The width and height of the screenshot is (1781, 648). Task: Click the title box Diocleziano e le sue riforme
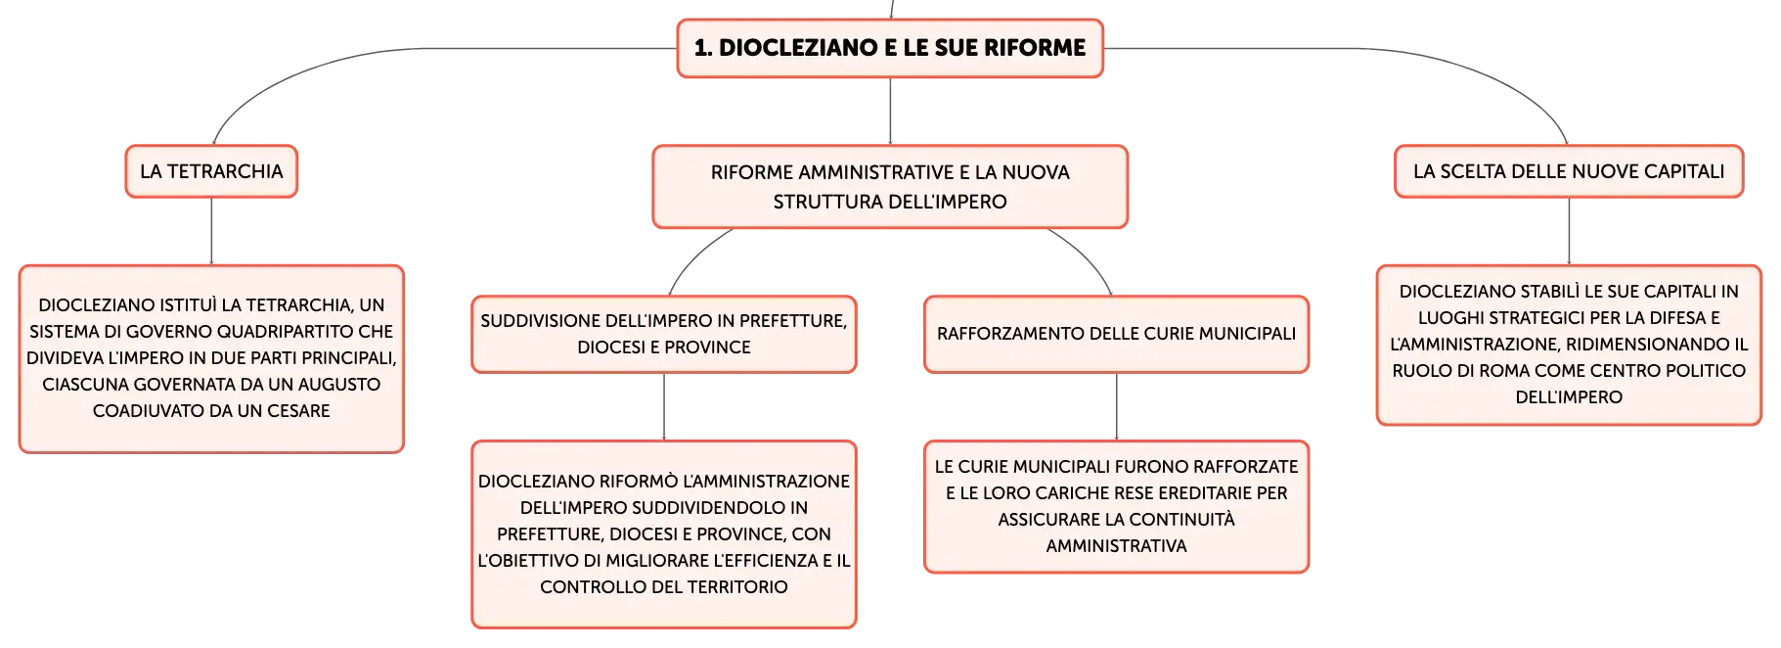click(x=890, y=48)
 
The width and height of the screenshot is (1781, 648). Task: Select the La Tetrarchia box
click(x=211, y=171)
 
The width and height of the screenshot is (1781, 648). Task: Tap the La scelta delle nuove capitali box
click(x=1569, y=171)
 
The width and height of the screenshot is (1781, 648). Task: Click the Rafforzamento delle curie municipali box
click(x=1116, y=334)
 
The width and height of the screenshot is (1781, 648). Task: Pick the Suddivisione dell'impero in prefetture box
click(x=664, y=334)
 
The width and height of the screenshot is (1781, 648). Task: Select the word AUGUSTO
click(x=338, y=385)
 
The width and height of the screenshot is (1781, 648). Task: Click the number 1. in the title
click(x=703, y=48)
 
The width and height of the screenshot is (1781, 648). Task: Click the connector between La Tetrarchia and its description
click(x=211, y=231)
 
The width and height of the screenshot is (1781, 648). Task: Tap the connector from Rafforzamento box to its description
click(x=1116, y=407)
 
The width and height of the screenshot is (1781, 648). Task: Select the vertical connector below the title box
click(x=890, y=112)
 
